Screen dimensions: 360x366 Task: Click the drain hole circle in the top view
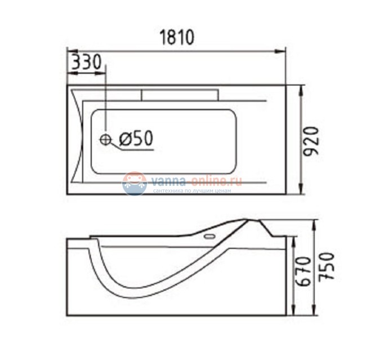click(105, 139)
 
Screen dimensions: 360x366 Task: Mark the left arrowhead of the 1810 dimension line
click(71, 52)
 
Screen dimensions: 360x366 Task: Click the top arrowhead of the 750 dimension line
click(316, 222)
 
